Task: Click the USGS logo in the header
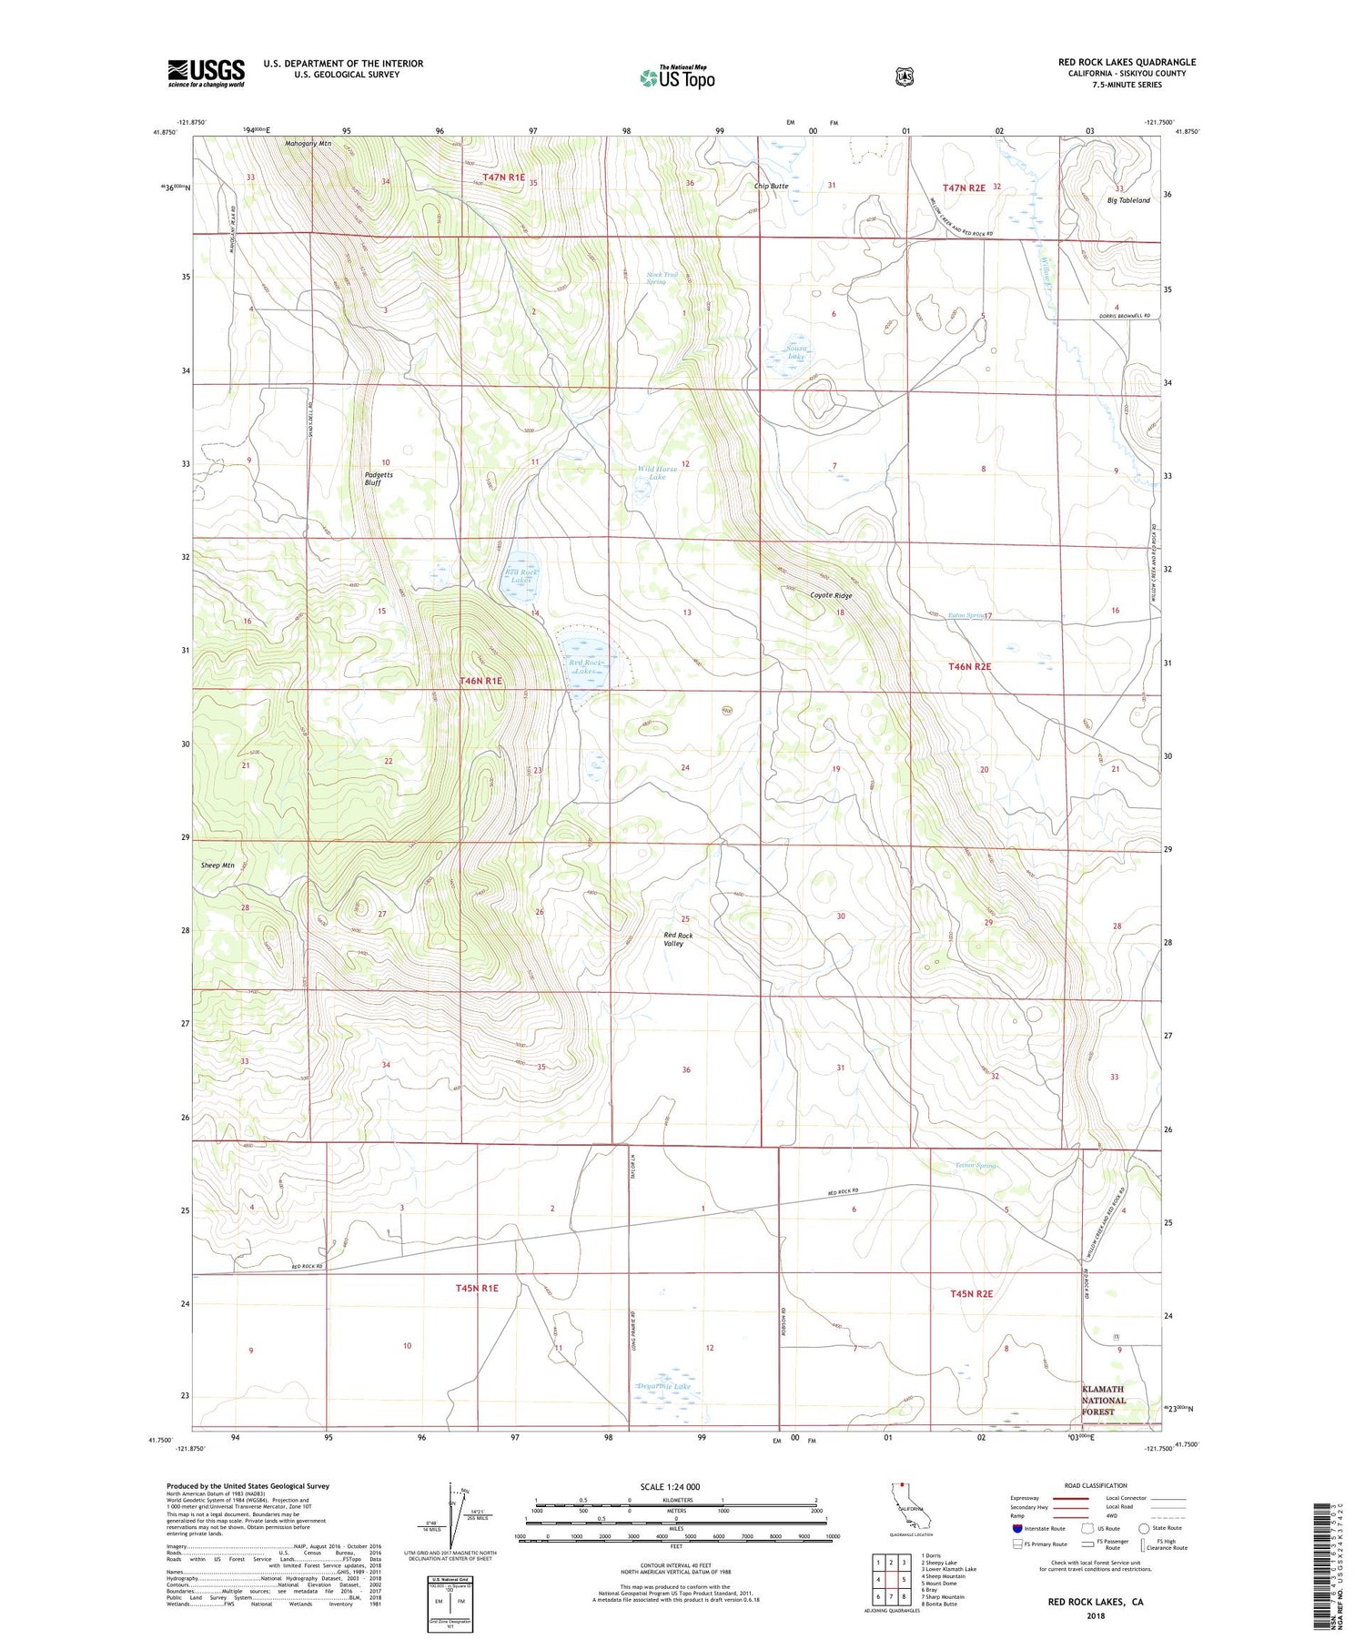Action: (x=206, y=73)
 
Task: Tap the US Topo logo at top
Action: (x=677, y=77)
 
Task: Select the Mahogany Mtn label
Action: (x=308, y=144)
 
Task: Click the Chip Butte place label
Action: (x=771, y=186)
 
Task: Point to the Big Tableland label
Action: (x=1127, y=200)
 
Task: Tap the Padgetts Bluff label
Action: (x=372, y=479)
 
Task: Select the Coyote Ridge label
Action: (x=831, y=595)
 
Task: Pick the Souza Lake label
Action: (x=796, y=352)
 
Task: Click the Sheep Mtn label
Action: (x=218, y=865)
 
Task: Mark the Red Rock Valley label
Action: (x=678, y=939)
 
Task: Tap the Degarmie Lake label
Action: (x=663, y=1387)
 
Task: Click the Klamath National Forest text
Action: (x=1103, y=1401)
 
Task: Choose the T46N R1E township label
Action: (x=480, y=681)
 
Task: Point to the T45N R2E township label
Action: (x=970, y=1293)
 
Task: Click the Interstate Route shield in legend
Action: (x=1017, y=1528)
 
